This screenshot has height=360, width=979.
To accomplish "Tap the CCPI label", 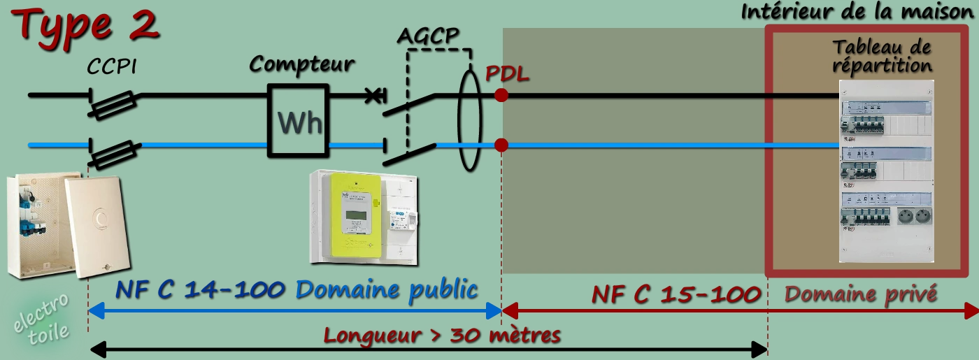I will (111, 67).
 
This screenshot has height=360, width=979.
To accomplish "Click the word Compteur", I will (302, 64).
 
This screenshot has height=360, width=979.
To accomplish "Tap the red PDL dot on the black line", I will (501, 95).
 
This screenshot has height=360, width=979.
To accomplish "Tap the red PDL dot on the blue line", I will (501, 145).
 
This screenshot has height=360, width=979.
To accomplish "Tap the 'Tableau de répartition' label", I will (882, 57).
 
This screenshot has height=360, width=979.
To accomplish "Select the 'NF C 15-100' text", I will (676, 294).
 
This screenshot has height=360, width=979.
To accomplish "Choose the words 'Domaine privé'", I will (860, 294).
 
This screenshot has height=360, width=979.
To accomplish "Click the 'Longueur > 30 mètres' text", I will (442, 336).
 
